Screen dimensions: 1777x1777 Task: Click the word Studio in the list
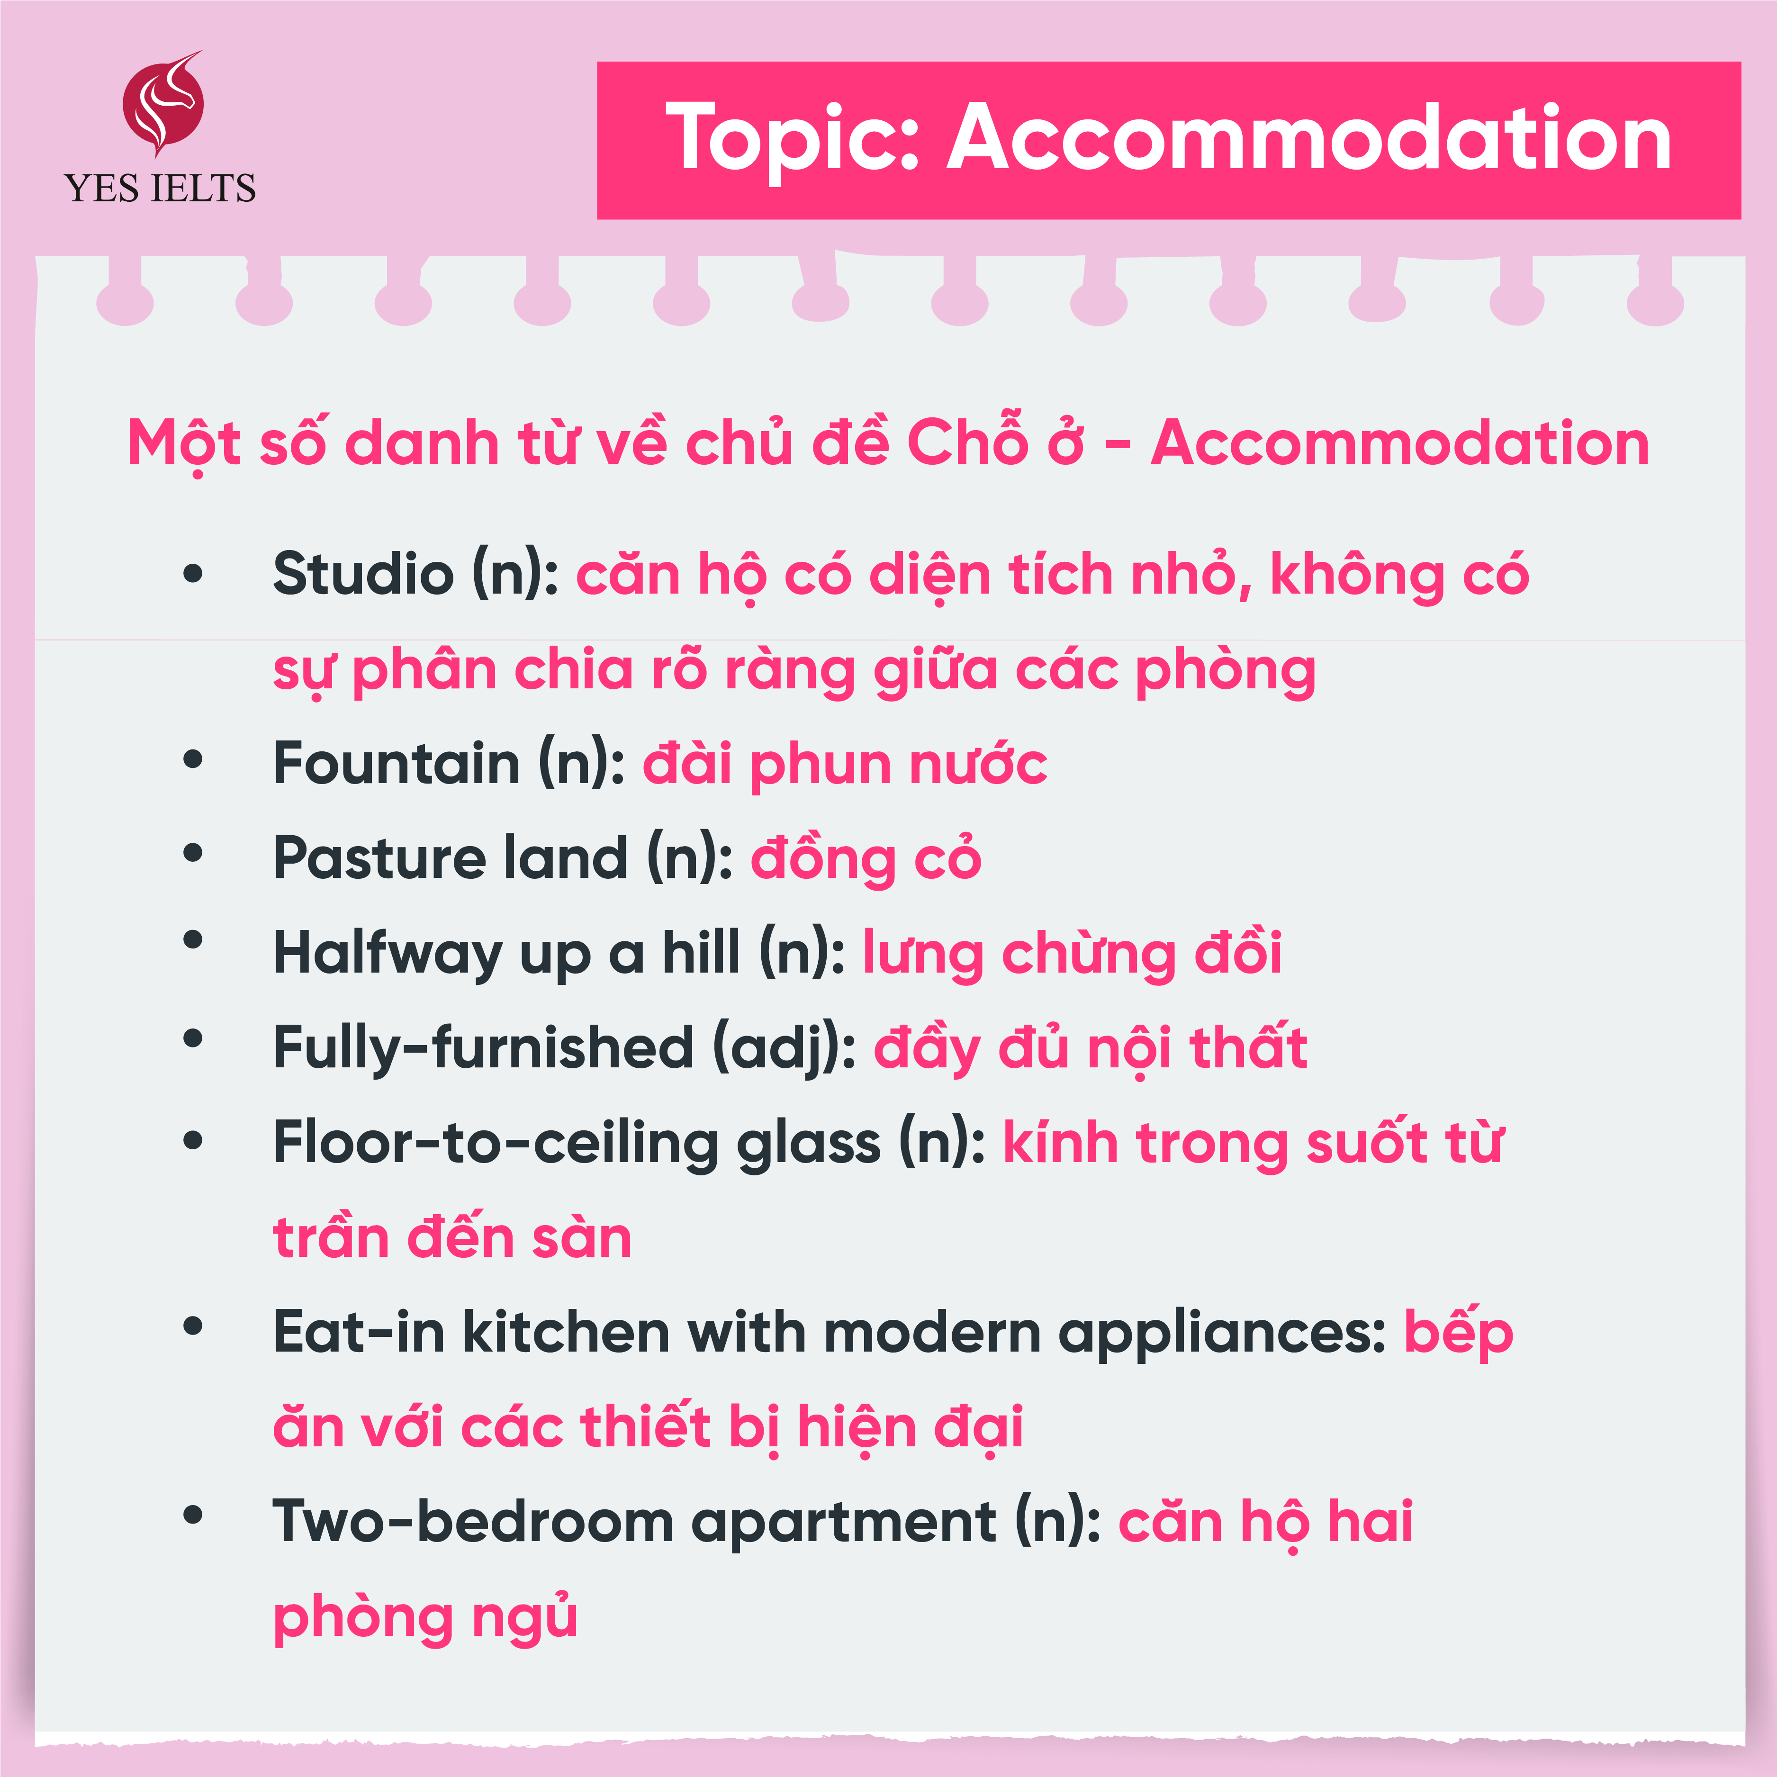point(363,574)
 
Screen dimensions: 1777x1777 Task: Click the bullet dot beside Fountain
point(193,760)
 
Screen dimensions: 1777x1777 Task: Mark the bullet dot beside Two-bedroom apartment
point(193,1516)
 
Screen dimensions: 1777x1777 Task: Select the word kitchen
point(566,1332)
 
